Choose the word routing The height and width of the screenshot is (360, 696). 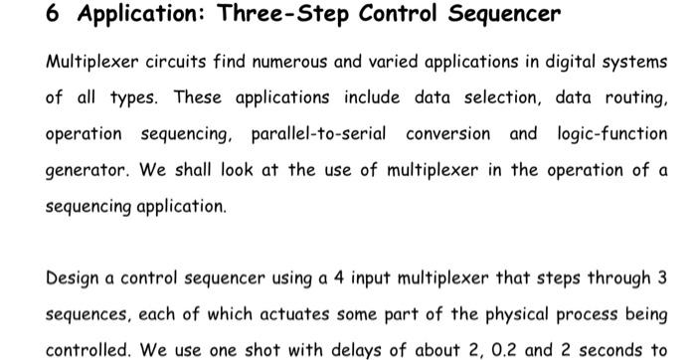tap(633, 97)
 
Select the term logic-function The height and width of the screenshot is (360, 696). tap(611, 133)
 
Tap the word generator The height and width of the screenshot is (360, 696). tap(87, 170)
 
